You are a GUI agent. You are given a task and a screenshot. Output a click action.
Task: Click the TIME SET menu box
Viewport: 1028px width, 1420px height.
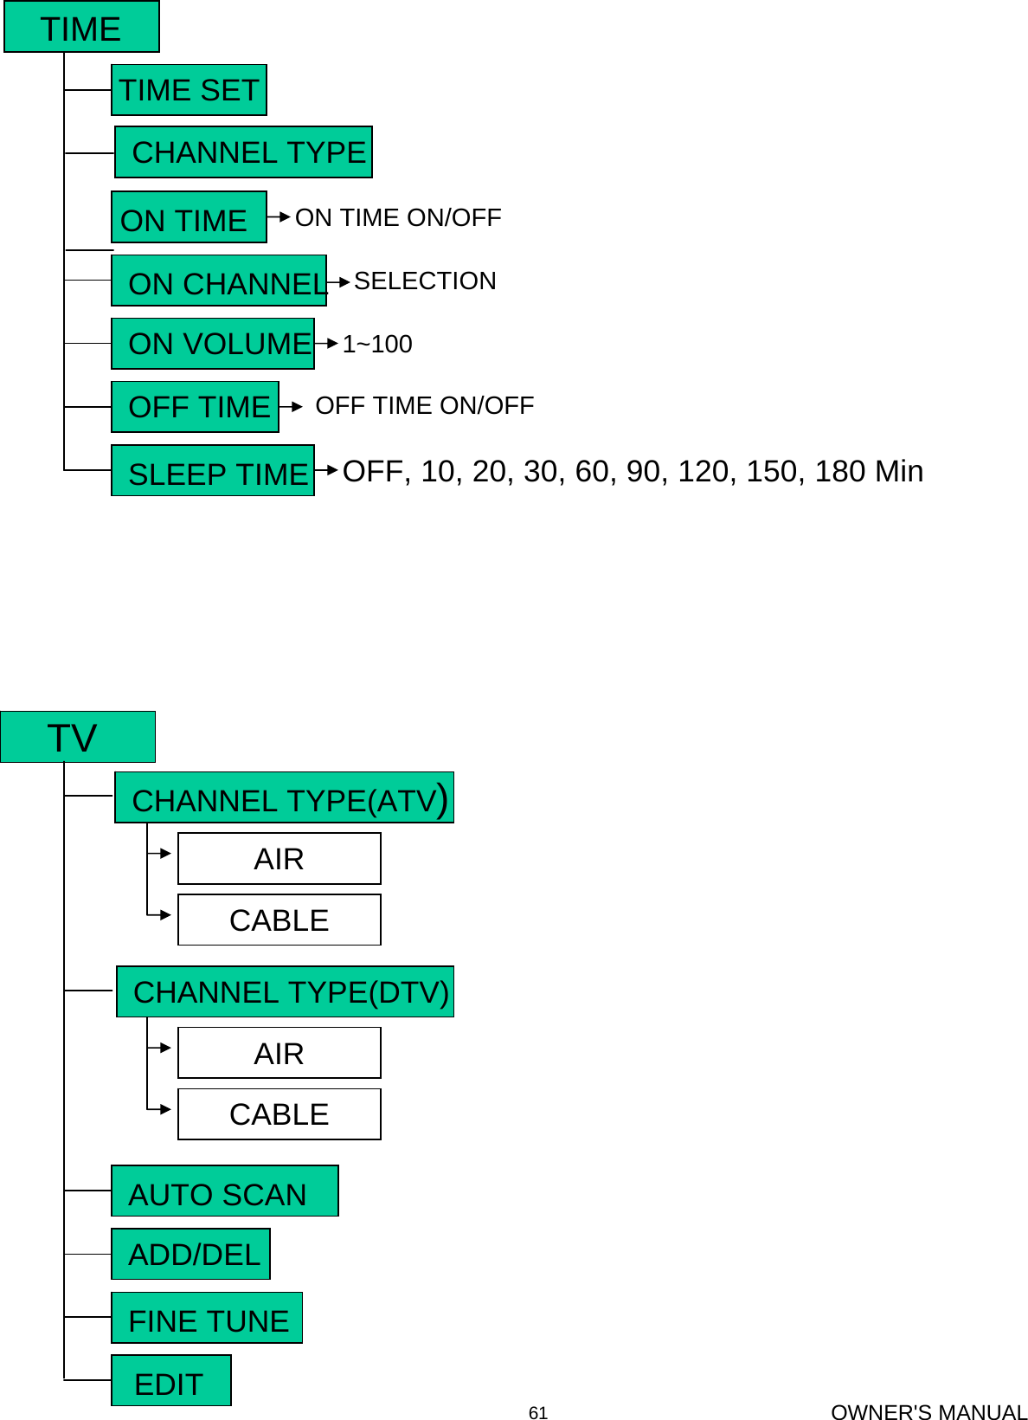pyautogui.click(x=189, y=90)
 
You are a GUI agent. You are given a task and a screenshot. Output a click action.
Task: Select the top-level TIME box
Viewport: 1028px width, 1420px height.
pyautogui.click(x=81, y=28)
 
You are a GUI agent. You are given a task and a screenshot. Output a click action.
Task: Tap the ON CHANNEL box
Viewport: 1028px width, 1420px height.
pyautogui.click(x=219, y=281)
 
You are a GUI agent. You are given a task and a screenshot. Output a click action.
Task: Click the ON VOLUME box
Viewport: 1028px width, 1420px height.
pyautogui.click(x=213, y=344)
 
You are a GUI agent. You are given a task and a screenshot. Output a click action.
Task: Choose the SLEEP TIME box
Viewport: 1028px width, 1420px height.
pyautogui.click(x=213, y=471)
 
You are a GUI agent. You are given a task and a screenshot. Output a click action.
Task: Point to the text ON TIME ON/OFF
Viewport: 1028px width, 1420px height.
pyautogui.click(x=398, y=217)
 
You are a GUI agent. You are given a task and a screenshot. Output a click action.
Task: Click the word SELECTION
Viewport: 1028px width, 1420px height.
pyautogui.click(x=425, y=281)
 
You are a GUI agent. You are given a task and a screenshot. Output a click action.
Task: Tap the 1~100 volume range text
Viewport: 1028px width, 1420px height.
pyautogui.click(x=377, y=344)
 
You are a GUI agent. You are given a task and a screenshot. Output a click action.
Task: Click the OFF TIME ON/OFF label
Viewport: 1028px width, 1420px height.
pyautogui.click(x=424, y=405)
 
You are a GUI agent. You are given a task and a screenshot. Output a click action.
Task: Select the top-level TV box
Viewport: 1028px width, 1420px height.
pyautogui.click(x=78, y=738)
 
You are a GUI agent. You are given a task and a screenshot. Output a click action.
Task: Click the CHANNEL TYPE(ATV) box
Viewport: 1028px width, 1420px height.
pyautogui.click(x=285, y=798)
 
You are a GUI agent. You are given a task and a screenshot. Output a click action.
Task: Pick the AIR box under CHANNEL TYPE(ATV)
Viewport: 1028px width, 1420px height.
pyautogui.click(x=279, y=859)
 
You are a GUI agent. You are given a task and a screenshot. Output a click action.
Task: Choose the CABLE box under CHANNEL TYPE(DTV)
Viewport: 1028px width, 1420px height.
pyautogui.click(x=279, y=1114)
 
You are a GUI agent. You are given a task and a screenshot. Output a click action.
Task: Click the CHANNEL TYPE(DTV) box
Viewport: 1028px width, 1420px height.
pyautogui.click(x=286, y=992)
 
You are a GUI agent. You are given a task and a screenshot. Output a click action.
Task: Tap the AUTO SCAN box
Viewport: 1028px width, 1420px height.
pyautogui.click(x=225, y=1191)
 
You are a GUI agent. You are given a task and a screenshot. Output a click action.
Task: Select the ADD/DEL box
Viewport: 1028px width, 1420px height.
pyautogui.click(x=191, y=1255)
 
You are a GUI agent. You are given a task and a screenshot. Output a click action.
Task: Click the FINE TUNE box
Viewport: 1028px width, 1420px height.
pyautogui.click(x=207, y=1319)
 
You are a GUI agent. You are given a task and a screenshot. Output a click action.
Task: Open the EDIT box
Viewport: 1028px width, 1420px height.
pyautogui.click(x=171, y=1381)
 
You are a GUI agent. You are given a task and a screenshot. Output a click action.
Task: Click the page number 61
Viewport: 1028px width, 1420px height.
pyautogui.click(x=538, y=1413)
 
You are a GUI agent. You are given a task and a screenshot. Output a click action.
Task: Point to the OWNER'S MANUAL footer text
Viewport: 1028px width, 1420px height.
pyautogui.click(x=928, y=1412)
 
